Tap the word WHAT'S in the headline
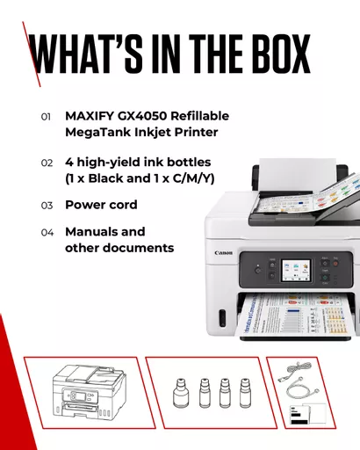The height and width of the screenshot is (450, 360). (86, 54)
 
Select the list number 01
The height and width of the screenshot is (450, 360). (46, 117)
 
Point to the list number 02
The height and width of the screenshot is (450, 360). (47, 163)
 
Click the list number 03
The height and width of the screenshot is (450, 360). (47, 206)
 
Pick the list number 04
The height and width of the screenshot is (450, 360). (47, 233)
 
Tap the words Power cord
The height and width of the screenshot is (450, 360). (101, 205)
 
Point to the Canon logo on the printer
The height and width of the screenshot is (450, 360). (223, 253)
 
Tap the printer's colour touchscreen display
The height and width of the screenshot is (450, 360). (296, 270)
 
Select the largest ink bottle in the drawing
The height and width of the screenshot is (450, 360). (180, 393)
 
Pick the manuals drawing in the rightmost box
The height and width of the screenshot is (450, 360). (307, 413)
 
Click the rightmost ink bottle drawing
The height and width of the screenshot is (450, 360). (245, 393)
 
